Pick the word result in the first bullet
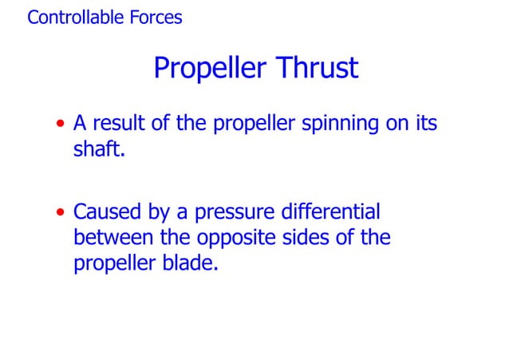click(118, 125)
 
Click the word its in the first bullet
click(424, 125)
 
